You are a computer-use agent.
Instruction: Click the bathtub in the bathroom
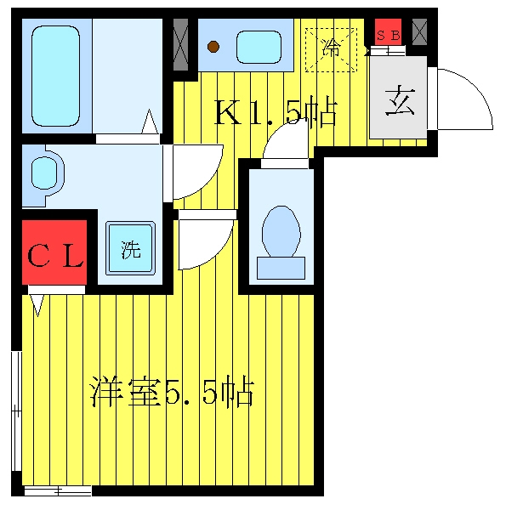tap(55, 76)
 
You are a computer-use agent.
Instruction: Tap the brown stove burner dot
tap(213, 47)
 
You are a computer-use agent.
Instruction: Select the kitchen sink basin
tap(259, 47)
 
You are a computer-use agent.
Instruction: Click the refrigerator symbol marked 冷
tap(332, 50)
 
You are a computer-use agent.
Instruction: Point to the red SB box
tap(388, 32)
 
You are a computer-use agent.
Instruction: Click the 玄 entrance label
tap(400, 100)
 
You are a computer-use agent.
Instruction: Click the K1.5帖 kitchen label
tap(275, 111)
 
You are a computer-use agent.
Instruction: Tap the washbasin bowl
tap(44, 173)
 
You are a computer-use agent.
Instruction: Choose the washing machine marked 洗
tap(130, 248)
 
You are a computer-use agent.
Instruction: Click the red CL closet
tap(54, 252)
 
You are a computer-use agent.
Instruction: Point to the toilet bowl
tap(281, 231)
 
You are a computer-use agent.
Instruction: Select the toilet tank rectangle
tap(281, 268)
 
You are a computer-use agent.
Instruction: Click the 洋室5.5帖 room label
tap(173, 392)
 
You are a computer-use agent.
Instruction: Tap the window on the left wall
tap(17, 411)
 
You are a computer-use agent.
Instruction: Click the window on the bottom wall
tap(58, 490)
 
